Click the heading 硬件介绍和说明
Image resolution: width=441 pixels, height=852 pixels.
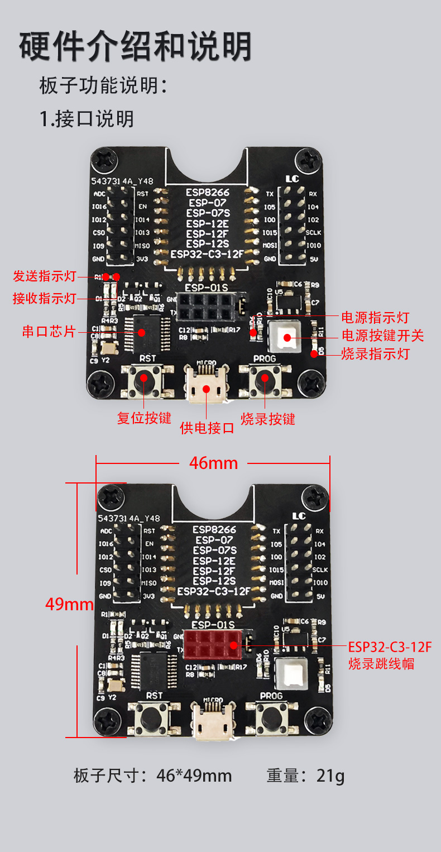[x=135, y=47]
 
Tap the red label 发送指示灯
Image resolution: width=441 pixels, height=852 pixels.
[x=45, y=276]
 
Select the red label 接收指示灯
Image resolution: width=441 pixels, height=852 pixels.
[x=45, y=298]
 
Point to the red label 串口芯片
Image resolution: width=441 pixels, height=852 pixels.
[x=49, y=331]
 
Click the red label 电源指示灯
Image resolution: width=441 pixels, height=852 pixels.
[x=375, y=318]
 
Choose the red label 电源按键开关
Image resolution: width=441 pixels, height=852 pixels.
[x=383, y=336]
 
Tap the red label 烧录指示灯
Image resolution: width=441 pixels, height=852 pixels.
[x=375, y=353]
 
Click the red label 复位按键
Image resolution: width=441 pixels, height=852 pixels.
[x=144, y=418]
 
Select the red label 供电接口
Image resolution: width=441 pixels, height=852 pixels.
[x=207, y=428]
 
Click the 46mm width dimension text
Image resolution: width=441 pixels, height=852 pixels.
[x=213, y=463]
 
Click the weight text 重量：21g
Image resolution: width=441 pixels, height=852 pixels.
[x=305, y=776]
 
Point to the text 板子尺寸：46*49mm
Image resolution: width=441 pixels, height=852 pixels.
[x=152, y=776]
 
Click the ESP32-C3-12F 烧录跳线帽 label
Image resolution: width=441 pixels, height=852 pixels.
[x=390, y=655]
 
